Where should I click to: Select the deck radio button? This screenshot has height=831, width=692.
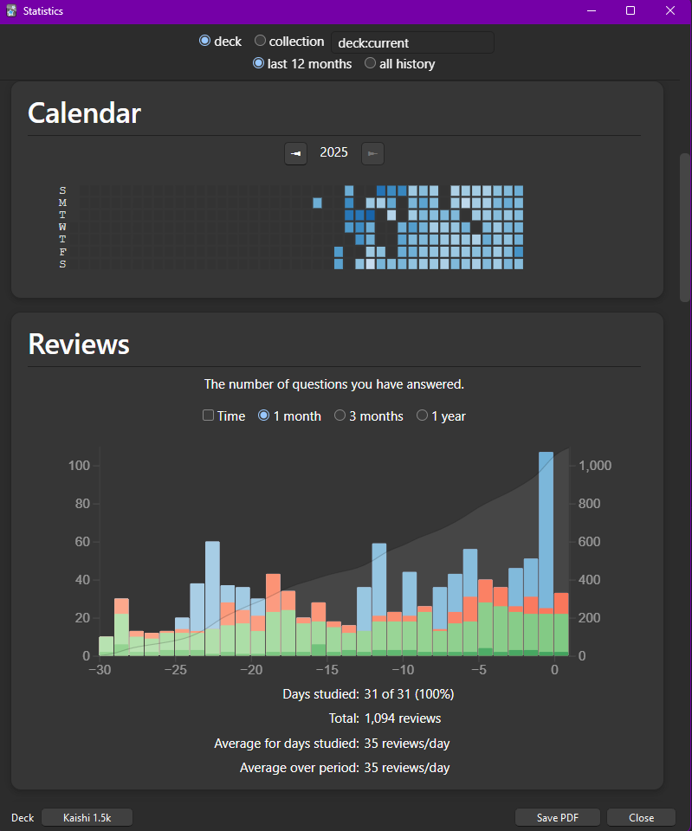205,41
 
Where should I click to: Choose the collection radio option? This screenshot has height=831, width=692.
261,41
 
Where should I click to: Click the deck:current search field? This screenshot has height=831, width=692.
412,42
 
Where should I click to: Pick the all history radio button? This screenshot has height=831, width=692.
371,63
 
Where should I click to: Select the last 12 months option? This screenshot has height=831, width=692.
258,63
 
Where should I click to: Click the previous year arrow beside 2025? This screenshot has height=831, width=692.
295,153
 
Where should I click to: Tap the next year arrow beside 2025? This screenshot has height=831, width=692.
372,153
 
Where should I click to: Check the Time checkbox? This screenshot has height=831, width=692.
208,415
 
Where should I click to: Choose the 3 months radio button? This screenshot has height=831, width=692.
340,415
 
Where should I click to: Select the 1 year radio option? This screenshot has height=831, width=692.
423,415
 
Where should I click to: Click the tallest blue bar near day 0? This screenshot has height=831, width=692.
546,537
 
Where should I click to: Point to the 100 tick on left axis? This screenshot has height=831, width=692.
80,466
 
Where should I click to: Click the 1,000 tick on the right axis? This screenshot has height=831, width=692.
595,466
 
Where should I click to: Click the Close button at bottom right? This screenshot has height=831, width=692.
641,817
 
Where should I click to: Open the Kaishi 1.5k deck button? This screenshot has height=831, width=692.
87,817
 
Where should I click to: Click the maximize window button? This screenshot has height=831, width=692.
631,10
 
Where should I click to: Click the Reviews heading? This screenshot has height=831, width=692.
79,345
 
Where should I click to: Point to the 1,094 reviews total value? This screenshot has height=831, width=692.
403,718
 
